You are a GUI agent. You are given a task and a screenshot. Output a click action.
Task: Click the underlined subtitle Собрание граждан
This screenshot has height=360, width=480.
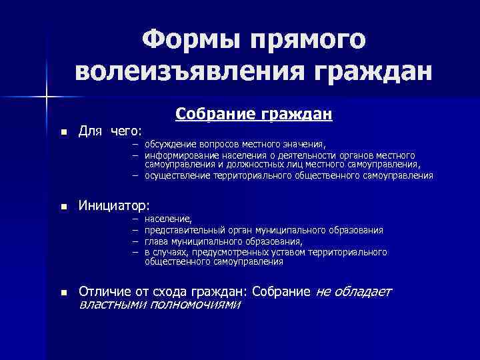pos(254,115)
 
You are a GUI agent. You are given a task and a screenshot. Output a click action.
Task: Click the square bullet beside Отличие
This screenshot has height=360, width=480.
pos(63,293)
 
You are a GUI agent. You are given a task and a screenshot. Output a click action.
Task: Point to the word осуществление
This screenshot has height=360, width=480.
pos(176,176)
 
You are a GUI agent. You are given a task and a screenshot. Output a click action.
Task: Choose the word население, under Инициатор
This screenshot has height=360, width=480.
pos(167,219)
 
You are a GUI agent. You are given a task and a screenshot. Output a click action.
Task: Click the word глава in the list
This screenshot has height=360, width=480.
pos(155,241)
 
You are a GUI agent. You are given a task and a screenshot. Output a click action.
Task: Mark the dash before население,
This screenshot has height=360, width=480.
pos(135,219)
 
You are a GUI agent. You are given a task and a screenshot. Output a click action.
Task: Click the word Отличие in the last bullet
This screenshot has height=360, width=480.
pos(103,292)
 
